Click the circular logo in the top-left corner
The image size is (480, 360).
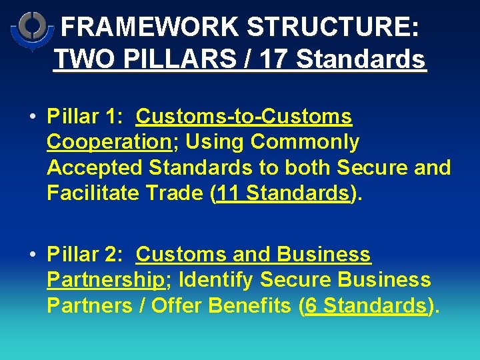[31, 30]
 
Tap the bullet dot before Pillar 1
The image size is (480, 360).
[33, 117]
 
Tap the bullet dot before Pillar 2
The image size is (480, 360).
[33, 255]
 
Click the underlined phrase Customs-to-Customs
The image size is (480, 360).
[243, 117]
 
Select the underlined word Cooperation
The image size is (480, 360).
[109, 142]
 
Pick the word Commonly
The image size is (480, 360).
[304, 142]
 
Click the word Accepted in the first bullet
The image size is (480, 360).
[95, 167]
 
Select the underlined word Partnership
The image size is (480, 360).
[105, 280]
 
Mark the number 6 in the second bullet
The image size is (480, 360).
[312, 305]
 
